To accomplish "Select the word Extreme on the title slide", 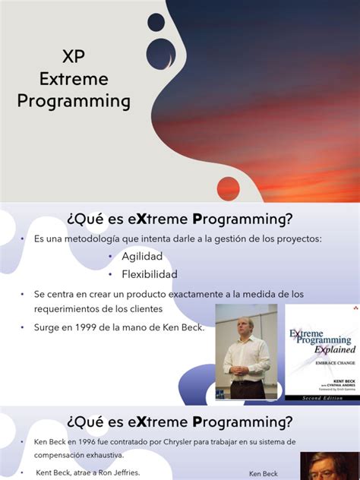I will click(x=73, y=78).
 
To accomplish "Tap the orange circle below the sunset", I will click(x=228, y=188).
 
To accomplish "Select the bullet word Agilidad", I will click(x=144, y=257).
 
